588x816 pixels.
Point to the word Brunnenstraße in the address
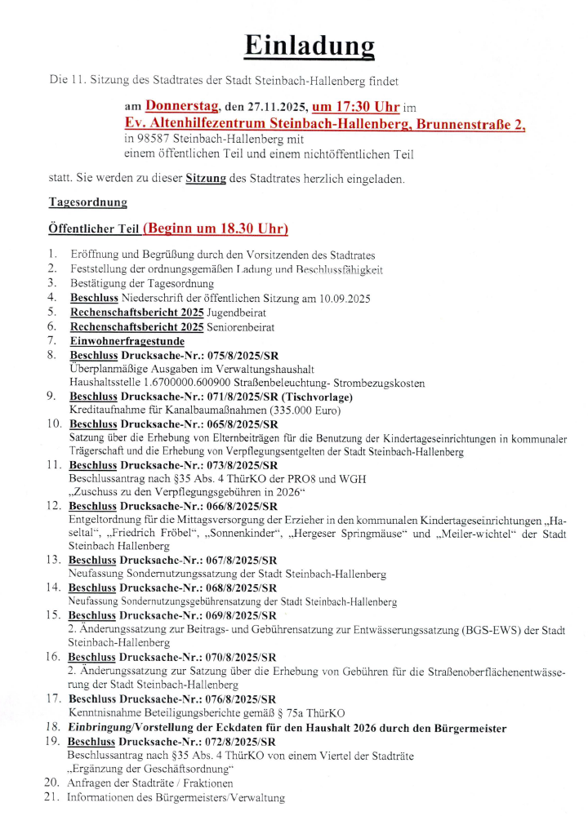(464, 124)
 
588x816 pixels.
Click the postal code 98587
(160, 139)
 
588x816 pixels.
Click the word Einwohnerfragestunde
(127, 341)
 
